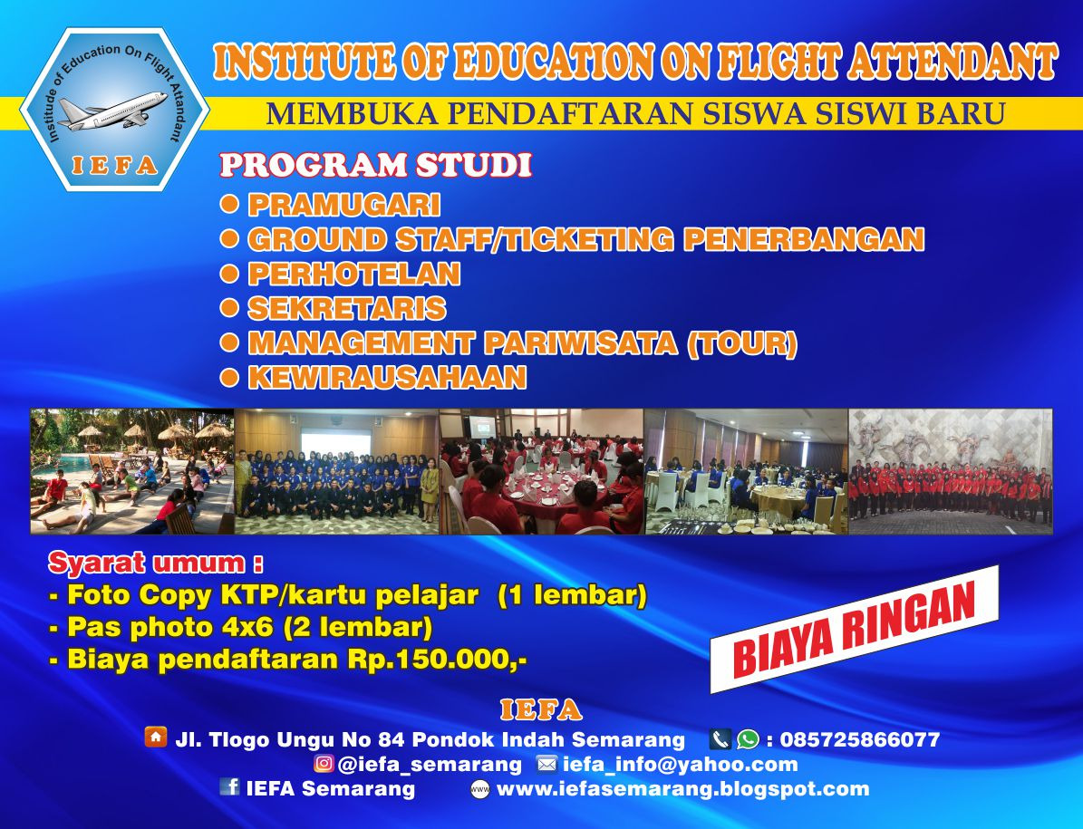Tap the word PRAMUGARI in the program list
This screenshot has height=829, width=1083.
(343, 205)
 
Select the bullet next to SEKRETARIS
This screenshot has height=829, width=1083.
(230, 307)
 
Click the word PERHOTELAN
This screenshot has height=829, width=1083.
(353, 274)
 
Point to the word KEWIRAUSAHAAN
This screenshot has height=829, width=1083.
(387, 377)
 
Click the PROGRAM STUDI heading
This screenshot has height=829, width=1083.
(375, 167)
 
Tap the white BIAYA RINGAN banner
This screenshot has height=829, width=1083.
(853, 629)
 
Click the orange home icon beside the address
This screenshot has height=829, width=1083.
(156, 737)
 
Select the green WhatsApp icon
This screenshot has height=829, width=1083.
(748, 739)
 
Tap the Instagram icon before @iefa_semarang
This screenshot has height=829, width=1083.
(324, 764)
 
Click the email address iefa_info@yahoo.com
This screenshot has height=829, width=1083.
(680, 764)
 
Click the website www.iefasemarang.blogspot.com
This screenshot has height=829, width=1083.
(682, 788)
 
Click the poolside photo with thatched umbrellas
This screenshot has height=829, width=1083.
(132, 471)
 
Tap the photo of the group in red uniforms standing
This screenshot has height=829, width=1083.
(950, 471)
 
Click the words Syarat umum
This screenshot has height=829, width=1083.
(155, 563)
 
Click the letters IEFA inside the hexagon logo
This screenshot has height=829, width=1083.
(114, 166)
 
